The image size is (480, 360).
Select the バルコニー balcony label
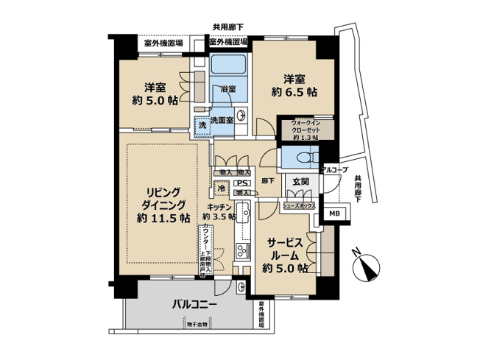pos(194,303)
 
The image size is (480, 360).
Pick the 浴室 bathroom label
pos(227,89)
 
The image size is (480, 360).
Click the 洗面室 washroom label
pos(222,120)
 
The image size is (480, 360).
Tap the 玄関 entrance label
pos(301,181)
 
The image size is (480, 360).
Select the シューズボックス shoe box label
pos(299,206)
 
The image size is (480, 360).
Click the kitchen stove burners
pos(241,253)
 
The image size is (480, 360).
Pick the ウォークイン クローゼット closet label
pos(305,130)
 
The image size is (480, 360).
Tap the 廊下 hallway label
pos(269,180)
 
